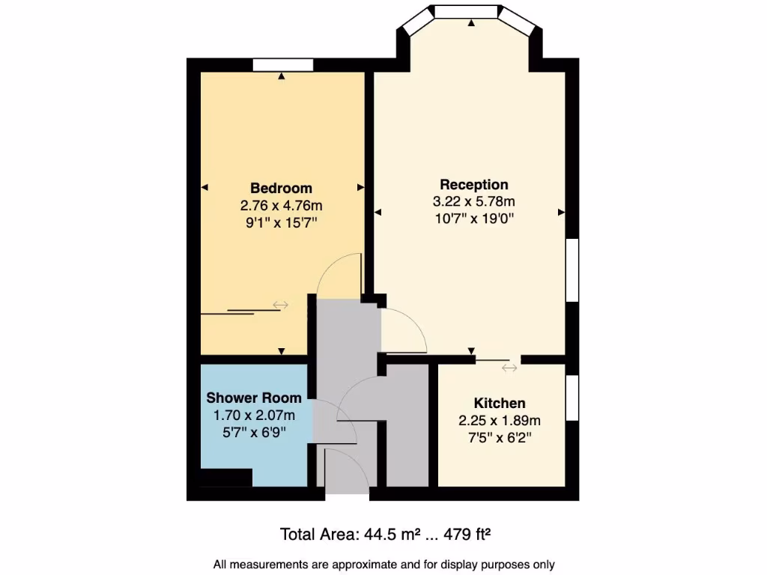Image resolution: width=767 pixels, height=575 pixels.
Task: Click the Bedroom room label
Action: pos(281,188)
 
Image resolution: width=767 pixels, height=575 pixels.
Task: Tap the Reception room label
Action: pos(473,184)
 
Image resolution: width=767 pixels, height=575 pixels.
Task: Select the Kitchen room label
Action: pos(500,404)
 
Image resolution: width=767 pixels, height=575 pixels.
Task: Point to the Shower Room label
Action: pos(254,398)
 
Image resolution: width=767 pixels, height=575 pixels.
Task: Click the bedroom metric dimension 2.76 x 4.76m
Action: pos(281,205)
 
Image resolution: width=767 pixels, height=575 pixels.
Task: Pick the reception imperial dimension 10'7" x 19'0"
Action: pos(473,219)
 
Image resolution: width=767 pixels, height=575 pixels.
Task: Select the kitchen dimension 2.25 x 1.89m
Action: pos(500,421)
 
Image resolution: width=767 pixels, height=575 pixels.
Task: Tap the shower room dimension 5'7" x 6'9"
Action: pos(254,432)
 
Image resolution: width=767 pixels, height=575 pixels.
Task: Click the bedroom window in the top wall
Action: pos(282,65)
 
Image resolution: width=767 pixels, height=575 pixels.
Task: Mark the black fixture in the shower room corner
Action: pos(225,478)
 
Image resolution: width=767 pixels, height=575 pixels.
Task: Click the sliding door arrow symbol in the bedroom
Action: pos(281,304)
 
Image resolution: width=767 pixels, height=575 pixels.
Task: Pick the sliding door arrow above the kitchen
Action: pos(509,367)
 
